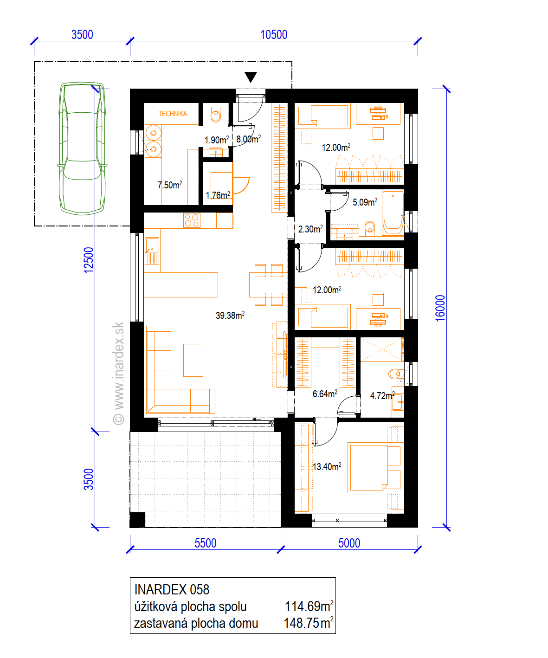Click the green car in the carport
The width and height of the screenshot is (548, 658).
point(82,148)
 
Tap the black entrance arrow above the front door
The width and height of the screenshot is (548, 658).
point(251,77)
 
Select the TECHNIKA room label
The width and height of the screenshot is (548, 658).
point(173,113)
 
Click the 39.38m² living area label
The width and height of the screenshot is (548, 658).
point(230,315)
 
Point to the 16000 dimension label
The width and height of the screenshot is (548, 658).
point(440,308)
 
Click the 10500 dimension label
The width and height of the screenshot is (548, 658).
point(273,35)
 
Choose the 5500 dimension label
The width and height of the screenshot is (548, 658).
point(206,543)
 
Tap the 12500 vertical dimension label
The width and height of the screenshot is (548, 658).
point(89,260)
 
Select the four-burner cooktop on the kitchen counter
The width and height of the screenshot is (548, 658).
point(192,220)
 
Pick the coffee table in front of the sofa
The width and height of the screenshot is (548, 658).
point(193,360)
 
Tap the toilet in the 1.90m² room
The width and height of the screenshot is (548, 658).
point(216,116)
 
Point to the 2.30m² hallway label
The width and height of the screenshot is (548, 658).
point(310,229)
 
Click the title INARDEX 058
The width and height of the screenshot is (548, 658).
point(172,590)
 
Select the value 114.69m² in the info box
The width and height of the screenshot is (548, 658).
point(309,606)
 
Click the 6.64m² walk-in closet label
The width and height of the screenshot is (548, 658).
point(325,394)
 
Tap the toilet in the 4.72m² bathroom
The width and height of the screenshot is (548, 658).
point(394,374)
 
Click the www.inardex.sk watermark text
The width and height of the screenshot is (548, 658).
point(118,373)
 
